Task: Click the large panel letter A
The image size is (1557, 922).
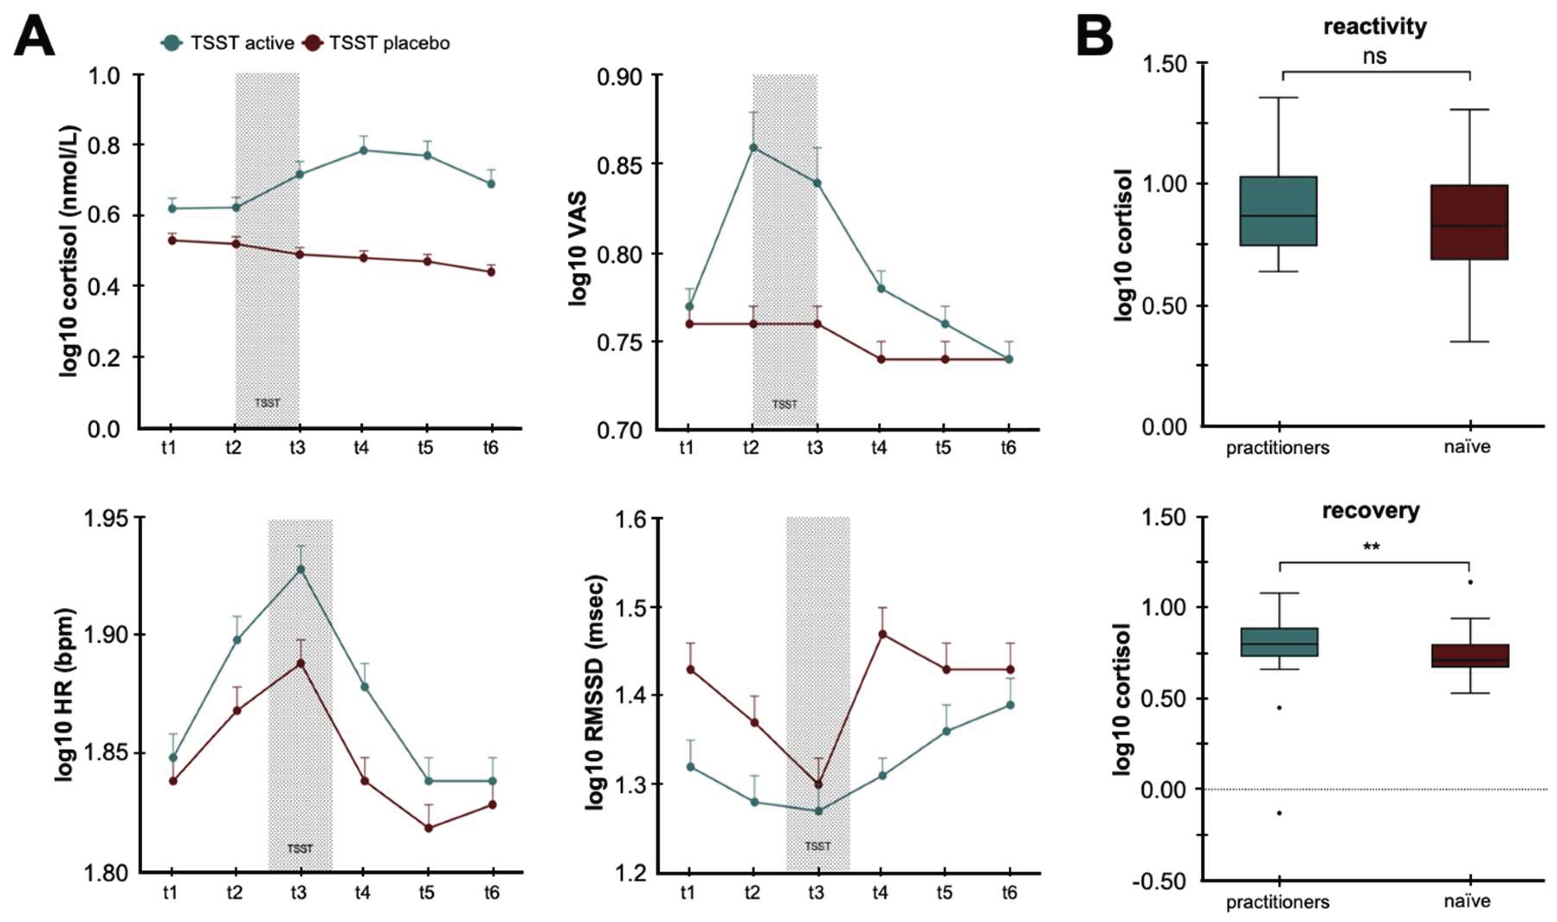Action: pos(34,36)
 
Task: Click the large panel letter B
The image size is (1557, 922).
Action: pos(1095,36)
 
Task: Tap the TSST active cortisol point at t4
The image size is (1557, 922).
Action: pos(363,150)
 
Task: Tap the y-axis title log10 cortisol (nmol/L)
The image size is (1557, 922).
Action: pos(70,252)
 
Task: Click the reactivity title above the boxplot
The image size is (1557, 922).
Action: pos(1375,27)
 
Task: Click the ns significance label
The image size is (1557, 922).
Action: pos(1375,57)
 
